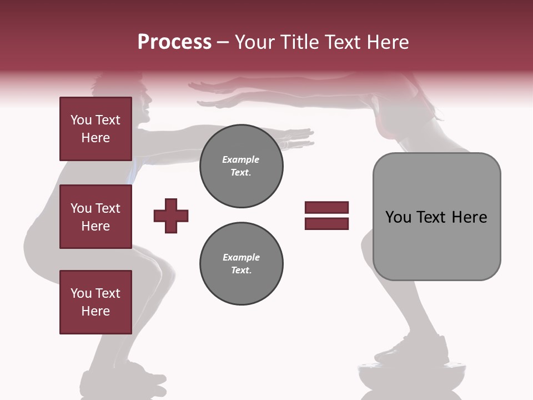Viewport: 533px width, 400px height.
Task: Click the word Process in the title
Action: (174, 42)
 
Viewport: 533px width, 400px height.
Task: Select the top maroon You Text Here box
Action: (95, 129)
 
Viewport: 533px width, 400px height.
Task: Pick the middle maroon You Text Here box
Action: (95, 217)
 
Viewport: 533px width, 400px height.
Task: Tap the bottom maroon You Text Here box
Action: (95, 302)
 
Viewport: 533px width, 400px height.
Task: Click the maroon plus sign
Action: (171, 216)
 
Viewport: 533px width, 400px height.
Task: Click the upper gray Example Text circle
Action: (241, 166)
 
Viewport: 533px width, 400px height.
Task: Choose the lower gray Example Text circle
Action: (241, 263)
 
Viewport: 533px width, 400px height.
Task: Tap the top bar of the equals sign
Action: (326, 208)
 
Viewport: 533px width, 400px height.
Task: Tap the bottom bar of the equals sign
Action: (326, 224)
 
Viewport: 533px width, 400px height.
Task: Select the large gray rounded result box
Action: (436, 217)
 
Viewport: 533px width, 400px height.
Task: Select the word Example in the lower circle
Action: (241, 257)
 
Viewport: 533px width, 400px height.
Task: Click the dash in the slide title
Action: (223, 42)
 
